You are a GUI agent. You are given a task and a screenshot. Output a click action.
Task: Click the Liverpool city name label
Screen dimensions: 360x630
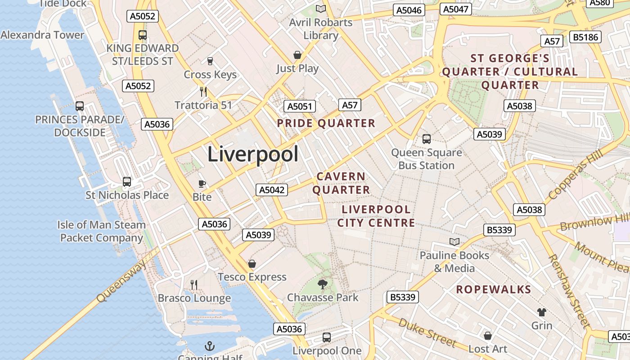click(x=253, y=154)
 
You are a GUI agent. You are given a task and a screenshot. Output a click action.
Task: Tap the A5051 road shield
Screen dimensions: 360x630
click(x=299, y=107)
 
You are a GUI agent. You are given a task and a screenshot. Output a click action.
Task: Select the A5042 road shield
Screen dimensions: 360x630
click(x=272, y=190)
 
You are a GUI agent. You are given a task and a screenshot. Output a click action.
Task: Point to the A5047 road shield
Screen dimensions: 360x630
click(x=456, y=9)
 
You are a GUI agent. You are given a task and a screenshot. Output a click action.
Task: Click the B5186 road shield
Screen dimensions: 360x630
click(x=585, y=37)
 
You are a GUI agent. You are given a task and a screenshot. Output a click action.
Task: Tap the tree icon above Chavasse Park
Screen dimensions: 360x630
click(x=322, y=284)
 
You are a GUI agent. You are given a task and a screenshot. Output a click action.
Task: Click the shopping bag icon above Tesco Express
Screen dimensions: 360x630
click(x=252, y=264)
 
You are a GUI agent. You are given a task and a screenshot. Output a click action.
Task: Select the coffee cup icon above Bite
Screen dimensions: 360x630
click(x=202, y=184)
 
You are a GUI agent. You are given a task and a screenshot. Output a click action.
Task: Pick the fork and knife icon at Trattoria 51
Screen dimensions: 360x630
click(x=203, y=92)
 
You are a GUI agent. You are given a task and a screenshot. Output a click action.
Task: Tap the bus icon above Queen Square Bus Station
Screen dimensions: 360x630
click(x=427, y=139)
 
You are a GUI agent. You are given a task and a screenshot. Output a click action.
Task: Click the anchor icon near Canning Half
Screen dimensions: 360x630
click(x=210, y=346)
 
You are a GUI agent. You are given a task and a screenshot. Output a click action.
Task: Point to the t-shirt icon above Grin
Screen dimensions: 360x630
click(x=542, y=312)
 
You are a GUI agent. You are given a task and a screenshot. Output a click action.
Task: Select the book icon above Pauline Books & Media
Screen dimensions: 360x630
click(x=454, y=242)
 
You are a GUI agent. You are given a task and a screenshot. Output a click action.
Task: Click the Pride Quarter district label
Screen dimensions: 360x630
click(x=326, y=123)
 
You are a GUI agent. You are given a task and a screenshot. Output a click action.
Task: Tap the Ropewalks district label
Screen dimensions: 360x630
click(x=494, y=289)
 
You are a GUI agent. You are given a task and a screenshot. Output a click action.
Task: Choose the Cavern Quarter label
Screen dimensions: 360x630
click(x=341, y=183)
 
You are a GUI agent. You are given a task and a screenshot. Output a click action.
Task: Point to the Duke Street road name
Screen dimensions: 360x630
click(x=427, y=333)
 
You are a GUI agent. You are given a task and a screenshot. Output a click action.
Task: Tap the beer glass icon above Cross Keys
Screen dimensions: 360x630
click(x=210, y=61)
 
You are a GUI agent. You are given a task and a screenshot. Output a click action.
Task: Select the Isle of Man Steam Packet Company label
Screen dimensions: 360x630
click(x=102, y=231)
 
